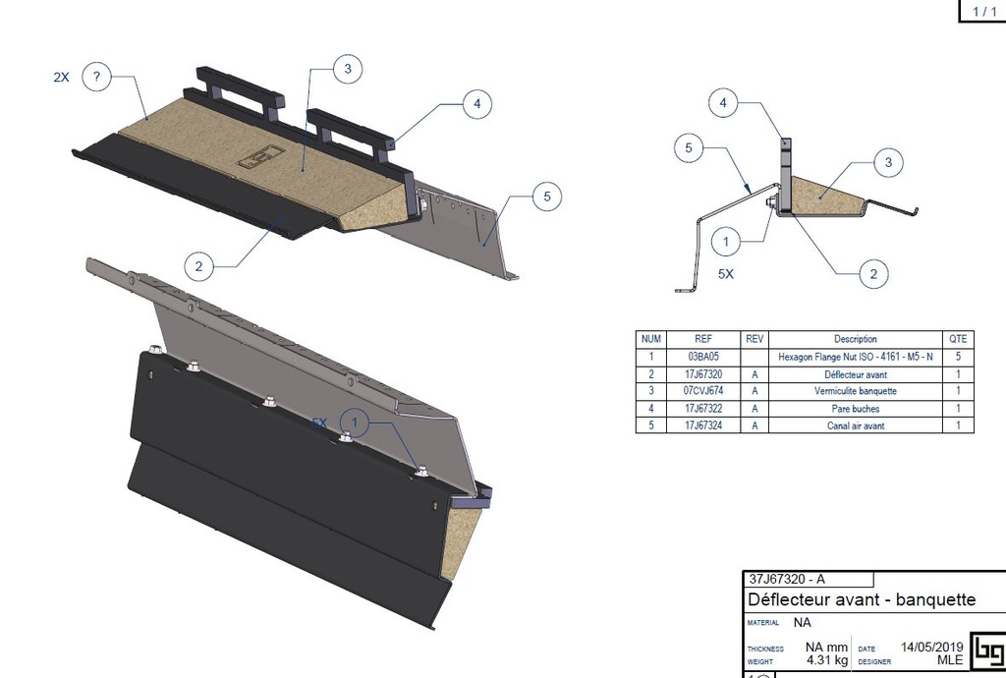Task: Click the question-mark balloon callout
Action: click(96, 77)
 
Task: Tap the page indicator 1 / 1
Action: click(983, 11)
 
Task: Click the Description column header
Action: click(855, 339)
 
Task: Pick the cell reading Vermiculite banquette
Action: click(855, 391)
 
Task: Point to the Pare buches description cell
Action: click(855, 409)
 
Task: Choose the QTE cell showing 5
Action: click(959, 357)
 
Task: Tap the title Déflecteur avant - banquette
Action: click(861, 599)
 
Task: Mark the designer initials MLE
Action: click(949, 661)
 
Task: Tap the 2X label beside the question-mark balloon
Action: click(61, 77)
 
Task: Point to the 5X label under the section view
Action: click(725, 275)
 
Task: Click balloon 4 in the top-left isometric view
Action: click(475, 103)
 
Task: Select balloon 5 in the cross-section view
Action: click(689, 150)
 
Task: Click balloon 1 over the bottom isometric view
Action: click(356, 423)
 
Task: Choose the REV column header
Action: click(754, 339)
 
